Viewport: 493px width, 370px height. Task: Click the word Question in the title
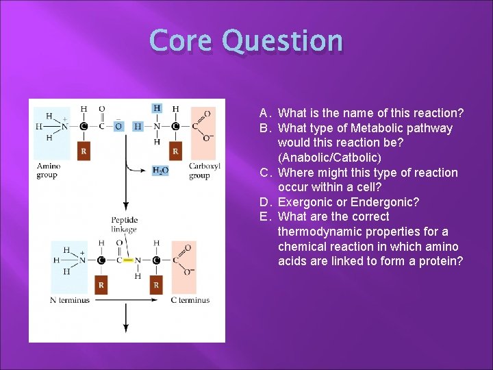point(283,42)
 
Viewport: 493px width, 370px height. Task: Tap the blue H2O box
point(160,171)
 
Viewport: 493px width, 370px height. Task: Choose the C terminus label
point(190,300)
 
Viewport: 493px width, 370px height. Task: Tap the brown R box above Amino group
point(84,151)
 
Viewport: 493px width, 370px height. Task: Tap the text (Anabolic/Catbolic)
point(333,158)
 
